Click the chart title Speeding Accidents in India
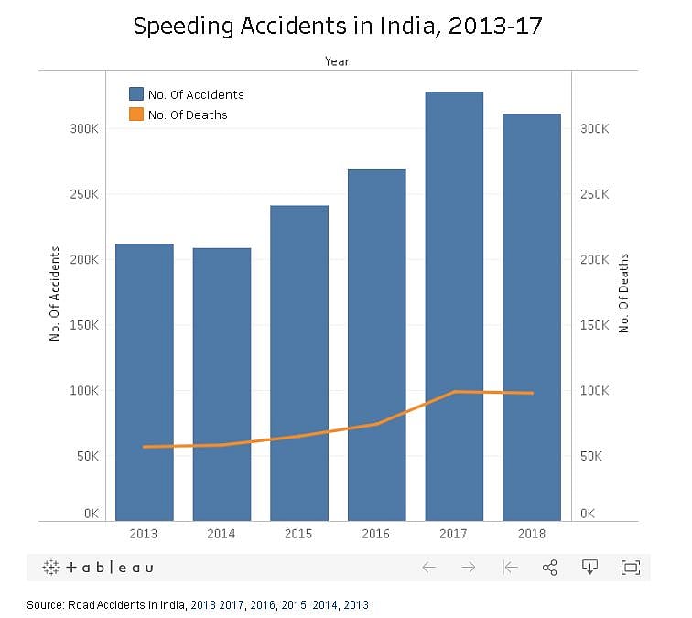pyautogui.click(x=338, y=27)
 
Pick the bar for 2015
pyautogui.click(x=298, y=363)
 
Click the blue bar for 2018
pyautogui.click(x=531, y=317)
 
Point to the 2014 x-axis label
pyautogui.click(x=221, y=534)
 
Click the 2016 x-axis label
pyautogui.click(x=376, y=534)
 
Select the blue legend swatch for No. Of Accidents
pyautogui.click(x=136, y=94)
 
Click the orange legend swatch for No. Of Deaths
pyautogui.click(x=136, y=114)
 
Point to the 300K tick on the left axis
pyautogui.click(x=84, y=129)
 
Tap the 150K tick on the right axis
pyautogui.click(x=595, y=325)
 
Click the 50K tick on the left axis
pyautogui.click(x=87, y=456)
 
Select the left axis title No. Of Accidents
pyautogui.click(x=54, y=294)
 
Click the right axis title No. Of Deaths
pyautogui.click(x=624, y=294)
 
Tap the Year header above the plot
pyautogui.click(x=337, y=61)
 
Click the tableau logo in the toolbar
pyautogui.click(x=98, y=568)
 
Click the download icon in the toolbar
pyautogui.click(x=590, y=568)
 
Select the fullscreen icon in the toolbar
pyautogui.click(x=630, y=568)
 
